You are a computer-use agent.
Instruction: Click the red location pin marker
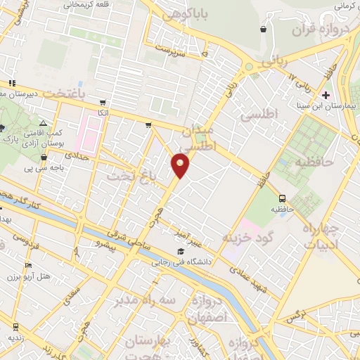coord(181,165)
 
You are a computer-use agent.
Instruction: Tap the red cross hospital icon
coord(325,95)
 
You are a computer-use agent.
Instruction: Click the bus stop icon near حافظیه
coord(282,198)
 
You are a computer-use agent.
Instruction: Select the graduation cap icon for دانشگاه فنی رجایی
coord(181,252)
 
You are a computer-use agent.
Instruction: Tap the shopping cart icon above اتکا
coord(103,103)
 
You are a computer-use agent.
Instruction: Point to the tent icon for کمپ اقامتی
coord(43,122)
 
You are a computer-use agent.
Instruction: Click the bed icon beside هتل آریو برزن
coord(28,265)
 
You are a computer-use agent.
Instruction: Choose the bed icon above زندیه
coord(15,326)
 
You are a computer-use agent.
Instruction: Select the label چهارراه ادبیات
coord(320,236)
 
